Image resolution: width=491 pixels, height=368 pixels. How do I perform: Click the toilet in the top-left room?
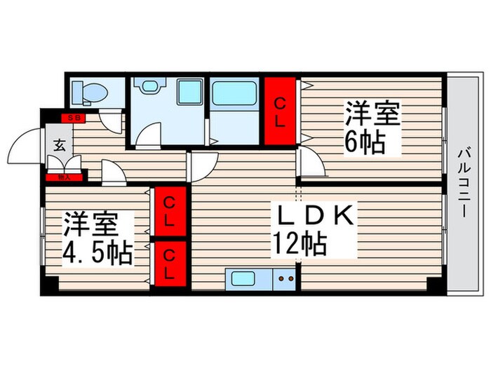[90, 90]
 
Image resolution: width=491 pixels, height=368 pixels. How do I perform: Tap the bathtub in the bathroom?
[235, 94]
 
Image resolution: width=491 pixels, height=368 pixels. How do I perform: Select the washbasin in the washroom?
[149, 87]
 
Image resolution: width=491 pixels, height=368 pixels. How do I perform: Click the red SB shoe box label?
[73, 118]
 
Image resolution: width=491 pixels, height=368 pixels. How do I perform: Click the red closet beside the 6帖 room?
[280, 111]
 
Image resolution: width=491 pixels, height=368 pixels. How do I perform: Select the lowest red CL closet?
[170, 263]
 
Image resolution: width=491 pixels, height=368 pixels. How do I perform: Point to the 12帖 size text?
[300, 245]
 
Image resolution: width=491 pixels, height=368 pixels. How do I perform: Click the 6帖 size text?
[363, 143]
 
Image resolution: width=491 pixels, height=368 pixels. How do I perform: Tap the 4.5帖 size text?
[97, 252]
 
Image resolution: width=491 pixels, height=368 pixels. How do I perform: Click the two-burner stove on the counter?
[285, 278]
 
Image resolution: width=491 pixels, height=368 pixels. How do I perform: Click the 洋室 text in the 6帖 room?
[371, 114]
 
